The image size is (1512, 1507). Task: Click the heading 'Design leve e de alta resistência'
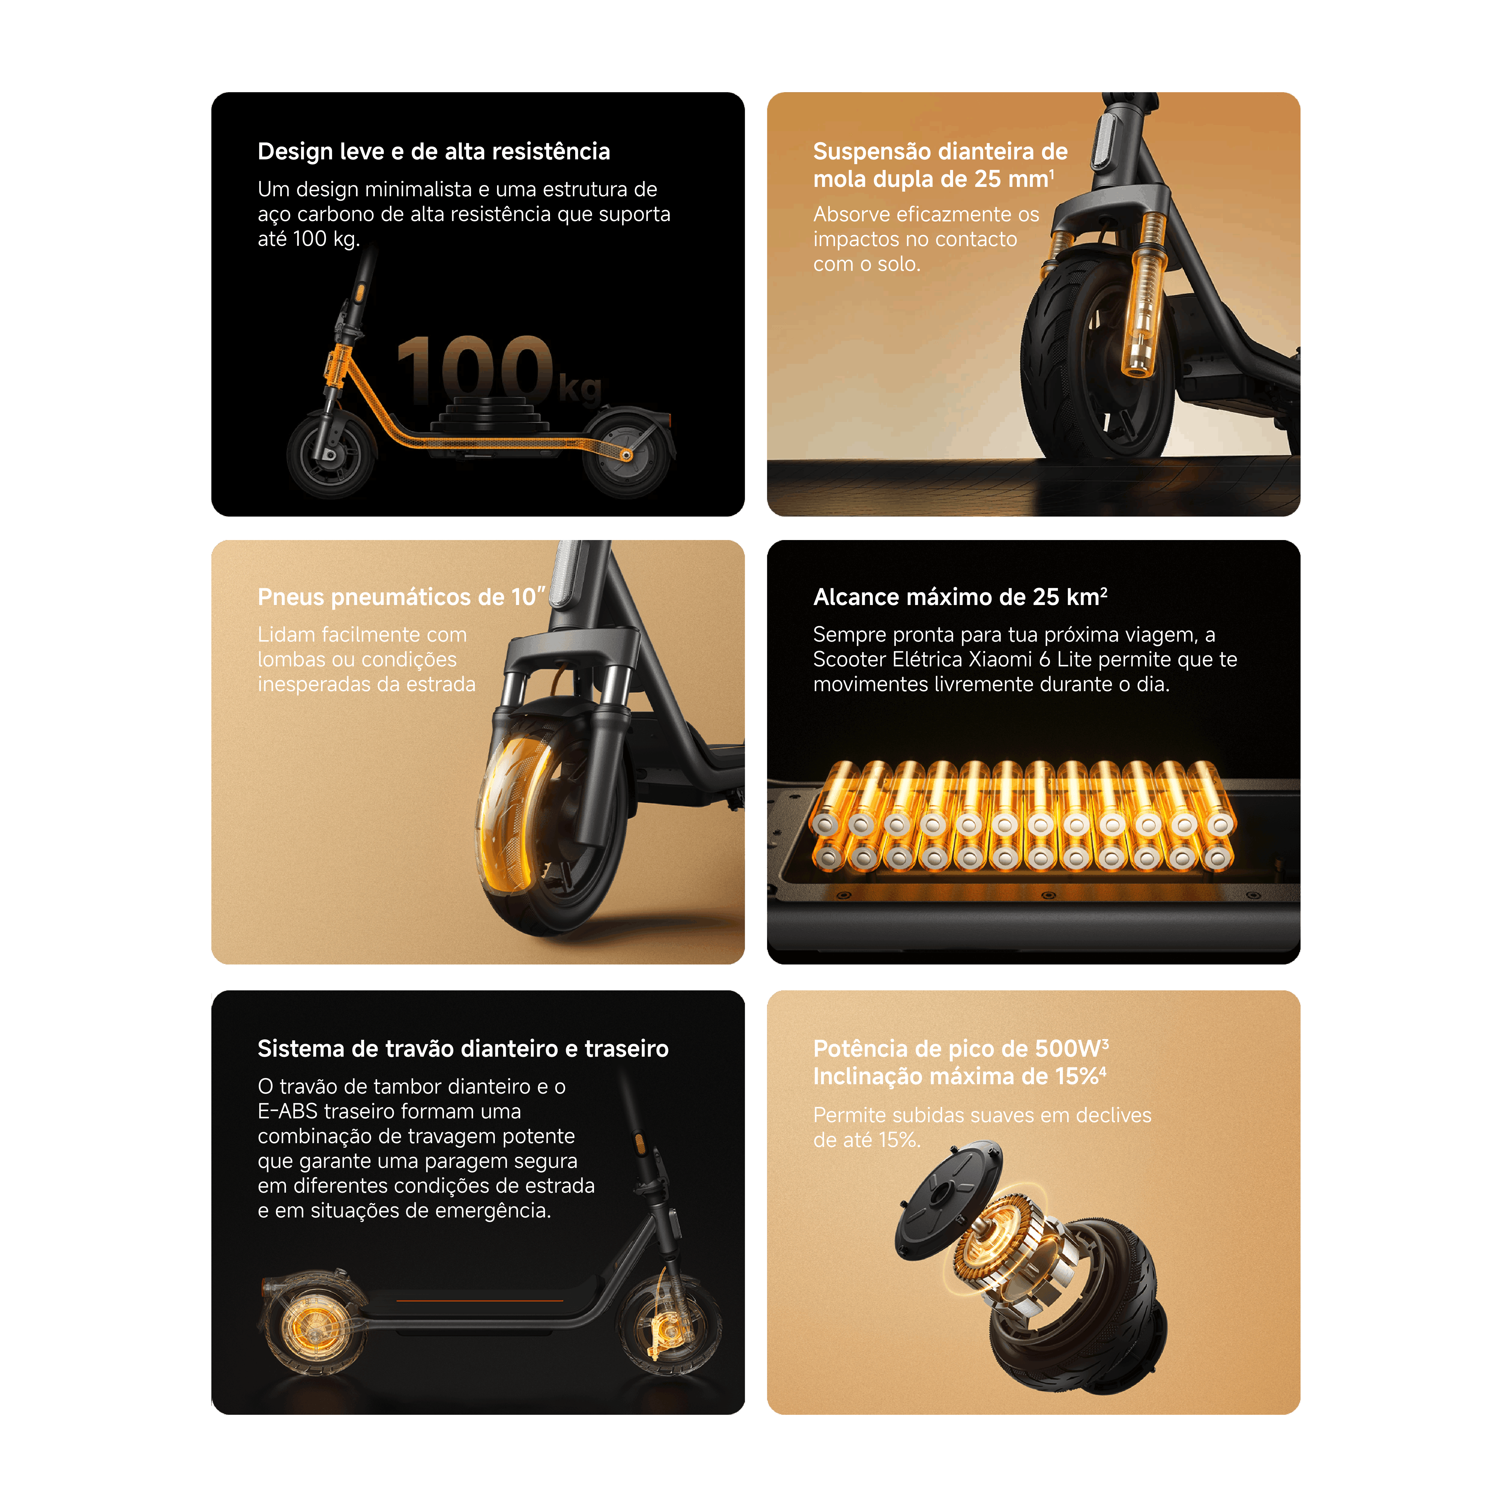point(433,151)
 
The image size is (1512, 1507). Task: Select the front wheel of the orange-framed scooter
point(332,454)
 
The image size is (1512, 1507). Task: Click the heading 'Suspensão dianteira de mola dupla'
point(940,165)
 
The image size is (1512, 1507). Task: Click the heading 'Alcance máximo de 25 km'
point(960,597)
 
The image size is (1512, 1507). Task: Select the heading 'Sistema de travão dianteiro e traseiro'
point(463,1049)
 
